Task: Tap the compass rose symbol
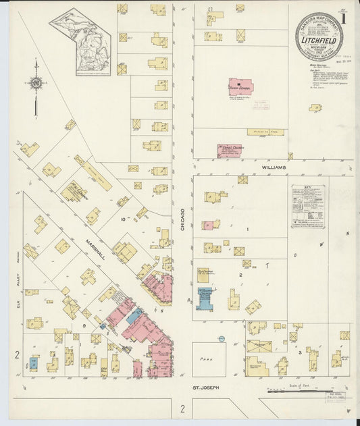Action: coord(36,84)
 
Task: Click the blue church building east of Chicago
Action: coord(205,298)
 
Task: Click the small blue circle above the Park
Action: coord(221,337)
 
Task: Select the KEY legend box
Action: coord(308,207)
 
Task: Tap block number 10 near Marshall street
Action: coord(123,220)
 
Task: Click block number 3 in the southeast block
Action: coord(299,352)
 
